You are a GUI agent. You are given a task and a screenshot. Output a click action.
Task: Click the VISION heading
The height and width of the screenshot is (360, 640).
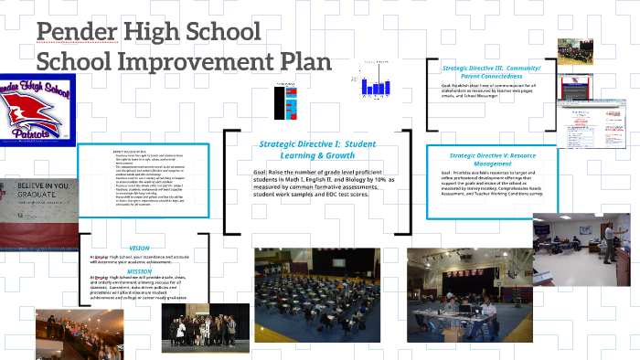tap(139, 249)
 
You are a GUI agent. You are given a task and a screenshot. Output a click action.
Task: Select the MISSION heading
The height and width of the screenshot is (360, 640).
tap(139, 270)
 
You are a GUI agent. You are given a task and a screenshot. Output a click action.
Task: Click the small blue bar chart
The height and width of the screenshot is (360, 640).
tap(374, 85)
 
